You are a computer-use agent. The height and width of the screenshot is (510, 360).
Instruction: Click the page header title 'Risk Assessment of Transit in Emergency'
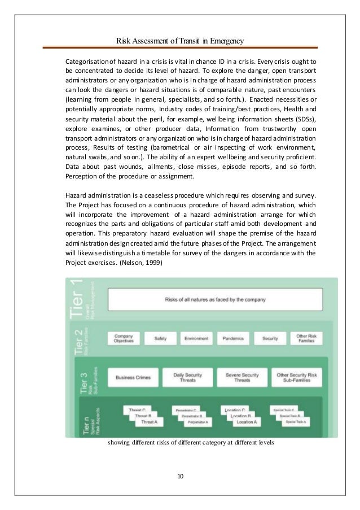[x=179, y=41]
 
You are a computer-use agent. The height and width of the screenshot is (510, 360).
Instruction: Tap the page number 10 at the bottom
[x=180, y=476]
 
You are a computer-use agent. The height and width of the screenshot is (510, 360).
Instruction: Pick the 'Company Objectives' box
[x=119, y=338]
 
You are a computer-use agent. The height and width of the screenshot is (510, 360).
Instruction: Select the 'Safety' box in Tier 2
[x=156, y=338]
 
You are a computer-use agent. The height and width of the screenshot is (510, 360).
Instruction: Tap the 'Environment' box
[x=198, y=338]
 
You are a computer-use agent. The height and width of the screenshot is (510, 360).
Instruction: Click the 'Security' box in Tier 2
[x=270, y=338]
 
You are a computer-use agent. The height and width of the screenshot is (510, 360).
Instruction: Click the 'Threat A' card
[x=150, y=421]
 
